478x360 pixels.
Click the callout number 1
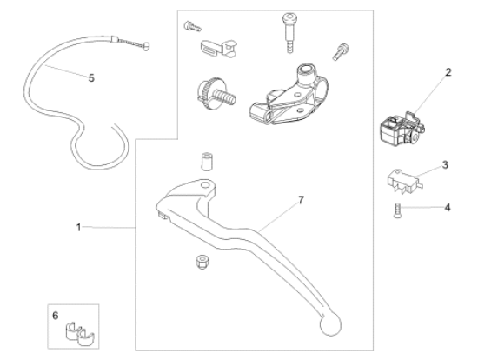coord(78,227)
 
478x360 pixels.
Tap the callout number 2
coord(448,72)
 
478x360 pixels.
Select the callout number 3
coord(445,165)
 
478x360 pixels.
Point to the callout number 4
coord(448,208)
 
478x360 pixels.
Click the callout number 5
coord(91,78)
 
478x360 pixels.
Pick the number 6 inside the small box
coord(55,316)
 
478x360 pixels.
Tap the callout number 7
coord(302,200)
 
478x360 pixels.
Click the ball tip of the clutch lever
coord(330,324)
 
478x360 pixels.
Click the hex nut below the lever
coord(202,262)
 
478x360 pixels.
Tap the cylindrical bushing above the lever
coord(206,162)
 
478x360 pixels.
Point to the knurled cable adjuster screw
coord(216,93)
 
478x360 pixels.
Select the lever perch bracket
coord(289,95)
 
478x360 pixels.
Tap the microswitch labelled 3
coord(405,182)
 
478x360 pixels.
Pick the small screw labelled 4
coord(397,210)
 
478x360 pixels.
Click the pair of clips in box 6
coord(80,333)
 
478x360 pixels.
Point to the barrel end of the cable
coord(147,46)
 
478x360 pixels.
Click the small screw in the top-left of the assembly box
coord(192,26)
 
